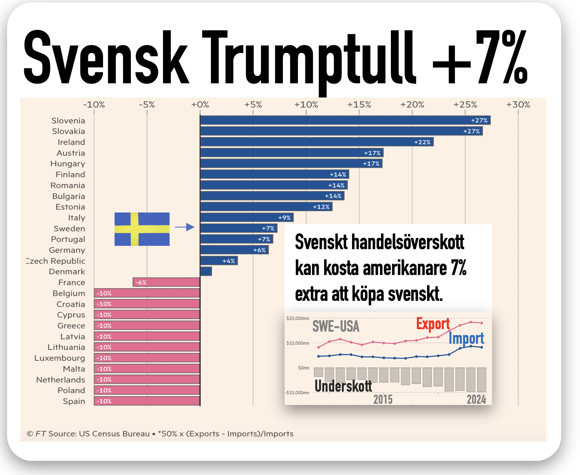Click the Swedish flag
coord(142,229)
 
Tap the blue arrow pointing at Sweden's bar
coord(185,227)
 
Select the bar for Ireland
coord(317,142)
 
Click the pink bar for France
coord(166,282)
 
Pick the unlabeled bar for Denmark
coord(206,271)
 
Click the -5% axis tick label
coord(147,105)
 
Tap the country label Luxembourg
coord(60,358)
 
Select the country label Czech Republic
coord(55,261)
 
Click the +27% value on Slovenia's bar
coord(479,120)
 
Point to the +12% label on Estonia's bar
coord(321,207)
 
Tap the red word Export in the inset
coord(433,324)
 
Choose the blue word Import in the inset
coord(466,338)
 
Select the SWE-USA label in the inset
coord(336,327)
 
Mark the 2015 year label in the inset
coord(383,399)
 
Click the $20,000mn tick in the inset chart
coord(297,318)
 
